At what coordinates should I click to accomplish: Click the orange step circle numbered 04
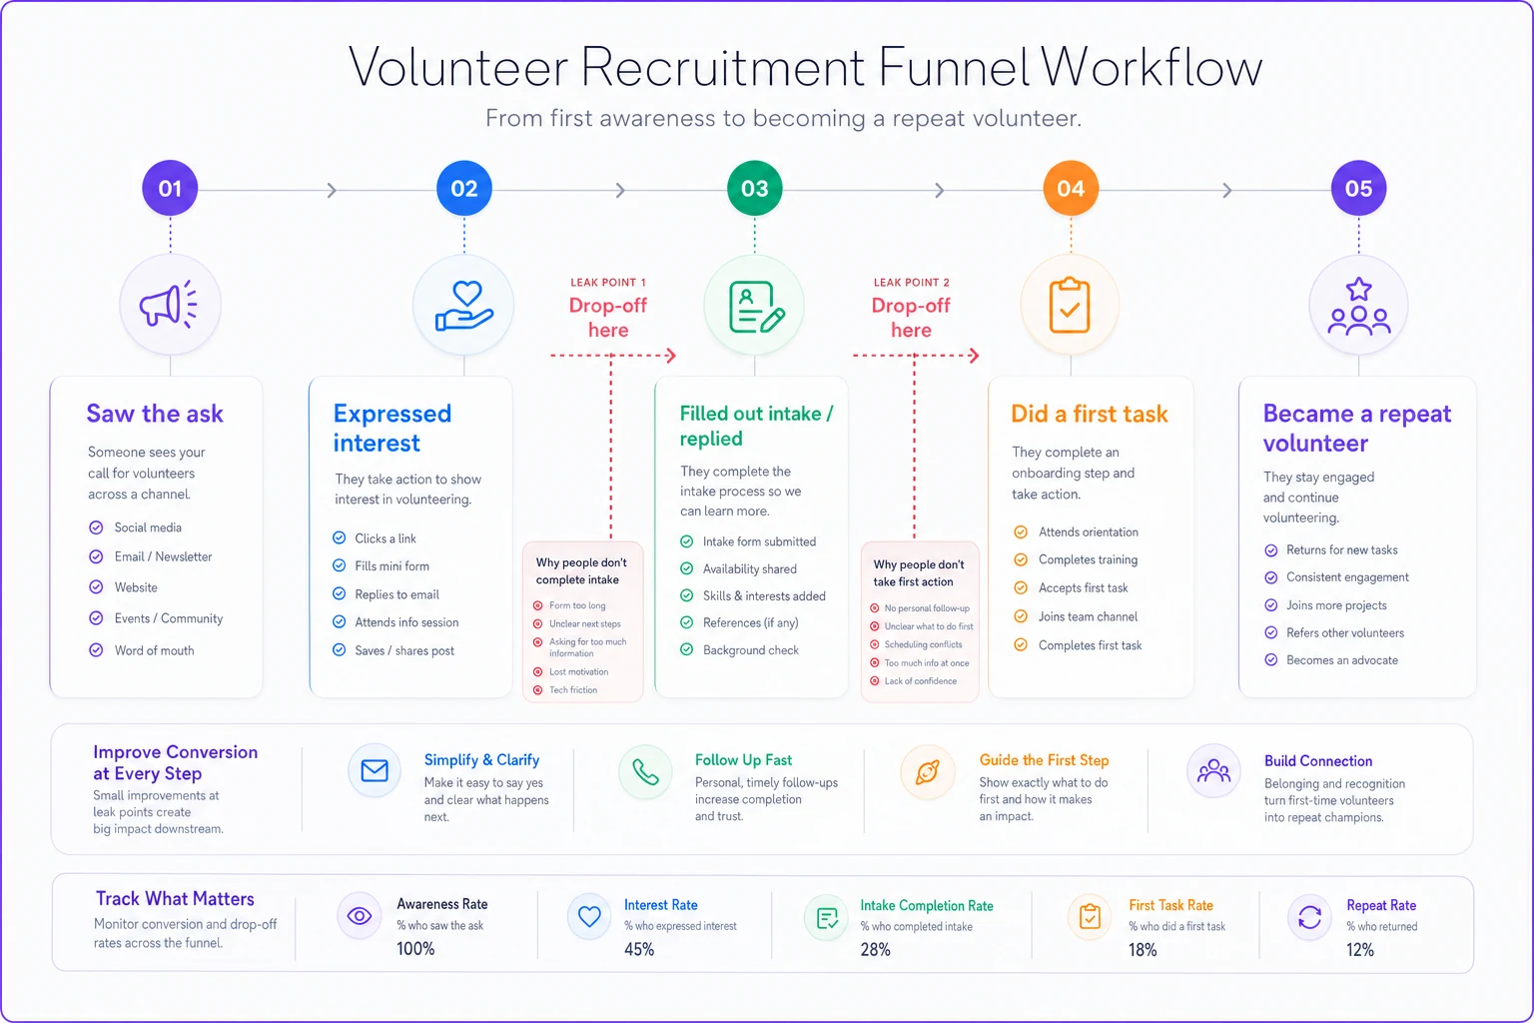1071,189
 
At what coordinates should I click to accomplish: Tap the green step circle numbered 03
755,189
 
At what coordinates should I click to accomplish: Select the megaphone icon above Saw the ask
169,305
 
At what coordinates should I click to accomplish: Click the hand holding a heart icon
464,306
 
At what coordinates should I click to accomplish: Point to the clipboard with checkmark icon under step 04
1070,305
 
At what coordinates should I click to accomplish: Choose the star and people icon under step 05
1358,307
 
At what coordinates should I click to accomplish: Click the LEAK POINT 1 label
608,283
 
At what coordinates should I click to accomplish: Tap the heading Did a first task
1089,414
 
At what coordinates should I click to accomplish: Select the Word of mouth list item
154,650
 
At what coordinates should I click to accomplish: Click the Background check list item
751,649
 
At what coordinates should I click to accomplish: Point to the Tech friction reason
573,690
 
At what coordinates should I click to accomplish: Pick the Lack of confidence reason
921,681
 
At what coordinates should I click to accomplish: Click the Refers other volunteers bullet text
1345,632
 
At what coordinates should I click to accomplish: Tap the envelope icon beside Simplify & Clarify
375,771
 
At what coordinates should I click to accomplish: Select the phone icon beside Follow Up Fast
645,772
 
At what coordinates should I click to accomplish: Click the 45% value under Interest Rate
639,949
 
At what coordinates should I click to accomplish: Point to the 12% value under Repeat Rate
1360,950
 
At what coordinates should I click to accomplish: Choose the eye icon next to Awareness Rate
360,915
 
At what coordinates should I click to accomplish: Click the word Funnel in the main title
954,67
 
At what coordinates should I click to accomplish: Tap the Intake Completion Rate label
927,905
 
